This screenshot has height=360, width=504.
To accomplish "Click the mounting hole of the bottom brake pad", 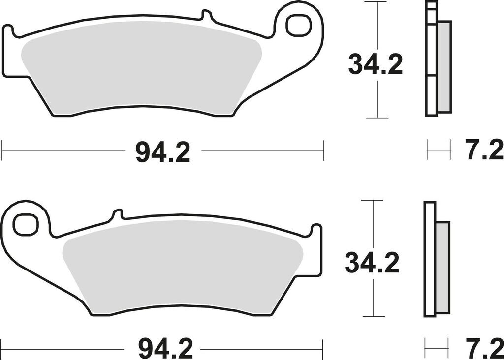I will [25, 224].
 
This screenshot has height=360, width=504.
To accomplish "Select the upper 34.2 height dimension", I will [376, 65].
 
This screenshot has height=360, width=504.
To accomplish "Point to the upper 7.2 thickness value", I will [485, 150].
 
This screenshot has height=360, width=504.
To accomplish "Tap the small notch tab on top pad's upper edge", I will [208, 17].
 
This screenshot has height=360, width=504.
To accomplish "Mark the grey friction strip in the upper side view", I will [443, 66].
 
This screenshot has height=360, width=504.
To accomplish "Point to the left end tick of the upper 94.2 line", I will [2, 150].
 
